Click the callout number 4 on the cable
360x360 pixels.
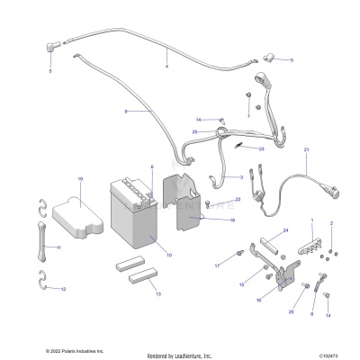166,67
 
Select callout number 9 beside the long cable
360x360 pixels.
126,112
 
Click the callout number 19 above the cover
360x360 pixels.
79,180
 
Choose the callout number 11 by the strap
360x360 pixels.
59,247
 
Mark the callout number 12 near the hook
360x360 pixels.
63,290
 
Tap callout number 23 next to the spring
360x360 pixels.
261,148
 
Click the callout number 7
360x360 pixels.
248,116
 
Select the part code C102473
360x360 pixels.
328,354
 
